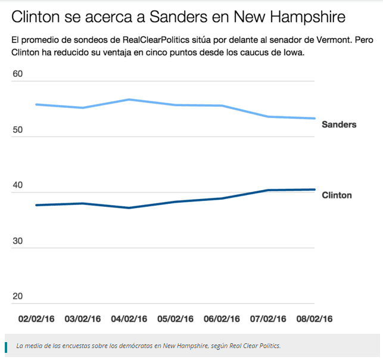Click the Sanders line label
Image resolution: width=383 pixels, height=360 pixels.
(x=338, y=125)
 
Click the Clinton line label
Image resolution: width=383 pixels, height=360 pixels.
(x=337, y=195)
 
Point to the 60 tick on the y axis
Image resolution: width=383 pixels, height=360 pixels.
(x=17, y=75)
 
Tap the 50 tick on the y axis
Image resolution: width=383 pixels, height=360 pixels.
(x=17, y=130)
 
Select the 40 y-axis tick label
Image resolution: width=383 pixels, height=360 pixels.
(x=17, y=185)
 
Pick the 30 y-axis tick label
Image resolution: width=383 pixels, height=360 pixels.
(x=17, y=241)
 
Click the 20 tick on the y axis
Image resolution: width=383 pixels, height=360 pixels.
(x=17, y=296)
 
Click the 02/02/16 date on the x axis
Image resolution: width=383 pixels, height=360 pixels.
(x=36, y=319)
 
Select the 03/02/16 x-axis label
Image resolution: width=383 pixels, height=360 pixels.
(x=83, y=319)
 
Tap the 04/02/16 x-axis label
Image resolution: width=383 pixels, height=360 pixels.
(x=129, y=319)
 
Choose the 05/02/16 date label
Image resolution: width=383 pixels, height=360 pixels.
(x=176, y=319)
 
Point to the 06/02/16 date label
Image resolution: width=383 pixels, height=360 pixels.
(x=222, y=319)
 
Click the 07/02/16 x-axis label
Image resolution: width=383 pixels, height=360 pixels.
(x=269, y=319)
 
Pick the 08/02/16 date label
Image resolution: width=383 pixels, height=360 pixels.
(x=315, y=319)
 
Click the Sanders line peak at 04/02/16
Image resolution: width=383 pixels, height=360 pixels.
(x=129, y=100)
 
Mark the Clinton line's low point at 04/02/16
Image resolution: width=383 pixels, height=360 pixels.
(x=129, y=207)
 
